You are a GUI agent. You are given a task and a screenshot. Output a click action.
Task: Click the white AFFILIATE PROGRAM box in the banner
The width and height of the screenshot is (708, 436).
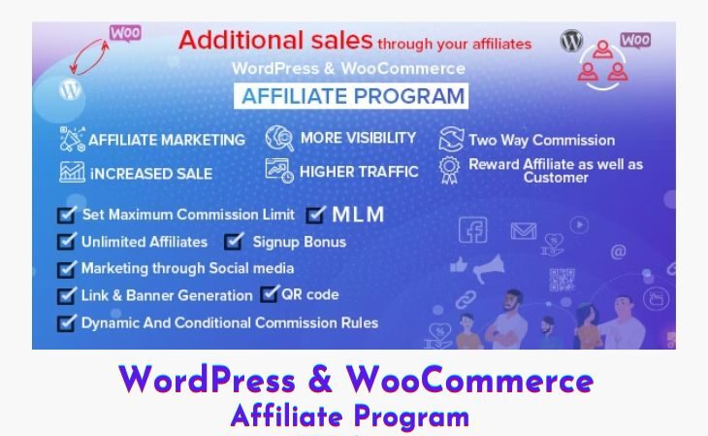(x=351, y=96)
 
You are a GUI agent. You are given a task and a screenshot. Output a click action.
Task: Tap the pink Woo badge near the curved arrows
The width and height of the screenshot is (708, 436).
(x=125, y=33)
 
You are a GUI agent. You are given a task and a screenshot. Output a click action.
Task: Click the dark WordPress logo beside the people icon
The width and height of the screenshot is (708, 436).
(x=571, y=40)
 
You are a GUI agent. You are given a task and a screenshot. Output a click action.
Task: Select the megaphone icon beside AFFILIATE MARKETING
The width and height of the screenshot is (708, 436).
(x=72, y=139)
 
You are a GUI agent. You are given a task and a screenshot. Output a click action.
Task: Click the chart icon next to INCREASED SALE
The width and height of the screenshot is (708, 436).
(x=72, y=172)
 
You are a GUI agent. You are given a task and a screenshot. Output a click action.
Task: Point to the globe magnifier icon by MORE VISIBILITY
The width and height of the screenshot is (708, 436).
(x=279, y=138)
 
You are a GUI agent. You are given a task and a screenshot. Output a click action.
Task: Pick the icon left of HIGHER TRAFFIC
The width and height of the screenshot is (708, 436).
(x=279, y=171)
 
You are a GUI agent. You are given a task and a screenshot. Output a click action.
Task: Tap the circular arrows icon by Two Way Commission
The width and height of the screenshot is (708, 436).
(x=451, y=139)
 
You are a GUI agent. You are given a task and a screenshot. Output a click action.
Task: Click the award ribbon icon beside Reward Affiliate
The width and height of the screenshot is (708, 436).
(x=450, y=170)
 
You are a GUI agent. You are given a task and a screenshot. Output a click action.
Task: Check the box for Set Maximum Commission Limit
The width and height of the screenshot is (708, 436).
(x=67, y=215)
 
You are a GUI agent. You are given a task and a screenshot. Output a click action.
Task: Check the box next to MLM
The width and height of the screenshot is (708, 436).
(x=315, y=215)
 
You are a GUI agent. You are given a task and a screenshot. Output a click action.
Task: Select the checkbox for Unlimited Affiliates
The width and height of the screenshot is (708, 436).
(x=67, y=241)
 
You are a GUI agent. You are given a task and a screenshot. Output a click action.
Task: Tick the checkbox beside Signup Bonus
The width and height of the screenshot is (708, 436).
(x=234, y=241)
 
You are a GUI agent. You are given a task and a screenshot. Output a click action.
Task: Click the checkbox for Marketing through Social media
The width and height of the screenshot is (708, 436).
(x=67, y=269)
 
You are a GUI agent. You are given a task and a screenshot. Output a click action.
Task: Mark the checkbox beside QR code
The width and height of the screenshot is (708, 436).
(x=270, y=294)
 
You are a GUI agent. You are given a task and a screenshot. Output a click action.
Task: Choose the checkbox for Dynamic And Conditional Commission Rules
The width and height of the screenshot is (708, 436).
(x=67, y=323)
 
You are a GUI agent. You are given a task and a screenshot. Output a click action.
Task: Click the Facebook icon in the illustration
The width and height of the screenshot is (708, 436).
(x=472, y=230)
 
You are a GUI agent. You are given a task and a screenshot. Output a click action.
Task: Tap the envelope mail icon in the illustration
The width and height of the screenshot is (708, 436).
(x=524, y=231)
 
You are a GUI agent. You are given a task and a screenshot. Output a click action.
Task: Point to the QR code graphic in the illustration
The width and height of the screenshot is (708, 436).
(x=563, y=280)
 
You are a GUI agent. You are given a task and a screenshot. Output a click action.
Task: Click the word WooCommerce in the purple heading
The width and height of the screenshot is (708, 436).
(x=469, y=381)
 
